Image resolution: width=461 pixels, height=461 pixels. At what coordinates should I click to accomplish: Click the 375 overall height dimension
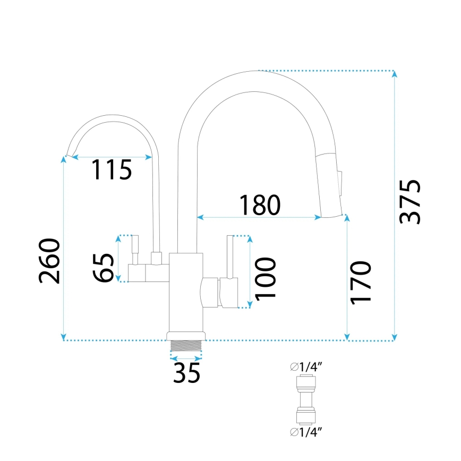click(410, 202)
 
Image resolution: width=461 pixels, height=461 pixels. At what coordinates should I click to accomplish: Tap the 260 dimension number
click(49, 261)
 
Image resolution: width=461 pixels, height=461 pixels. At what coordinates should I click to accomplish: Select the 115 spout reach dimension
click(111, 170)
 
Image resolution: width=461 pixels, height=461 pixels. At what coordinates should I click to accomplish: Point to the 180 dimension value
click(259, 205)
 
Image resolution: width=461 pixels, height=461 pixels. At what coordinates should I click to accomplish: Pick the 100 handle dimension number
click(264, 278)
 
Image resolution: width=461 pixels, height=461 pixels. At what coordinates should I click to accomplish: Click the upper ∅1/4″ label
click(306, 366)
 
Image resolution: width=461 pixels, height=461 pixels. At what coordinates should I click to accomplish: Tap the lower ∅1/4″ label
click(306, 431)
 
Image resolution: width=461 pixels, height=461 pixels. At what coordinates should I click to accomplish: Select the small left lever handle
click(134, 250)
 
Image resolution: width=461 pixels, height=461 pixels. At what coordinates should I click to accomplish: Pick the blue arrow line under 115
click(112, 157)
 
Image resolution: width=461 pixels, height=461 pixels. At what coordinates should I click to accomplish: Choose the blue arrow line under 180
click(259, 217)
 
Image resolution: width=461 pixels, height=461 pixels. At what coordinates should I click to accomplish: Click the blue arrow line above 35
click(186, 358)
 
